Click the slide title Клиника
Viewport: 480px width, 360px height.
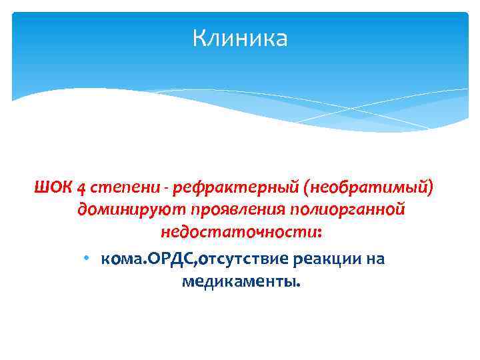point(240,38)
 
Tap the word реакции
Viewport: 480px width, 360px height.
point(330,258)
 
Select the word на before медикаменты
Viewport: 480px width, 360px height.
point(375,258)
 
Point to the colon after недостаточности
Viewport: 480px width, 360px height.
point(320,235)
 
